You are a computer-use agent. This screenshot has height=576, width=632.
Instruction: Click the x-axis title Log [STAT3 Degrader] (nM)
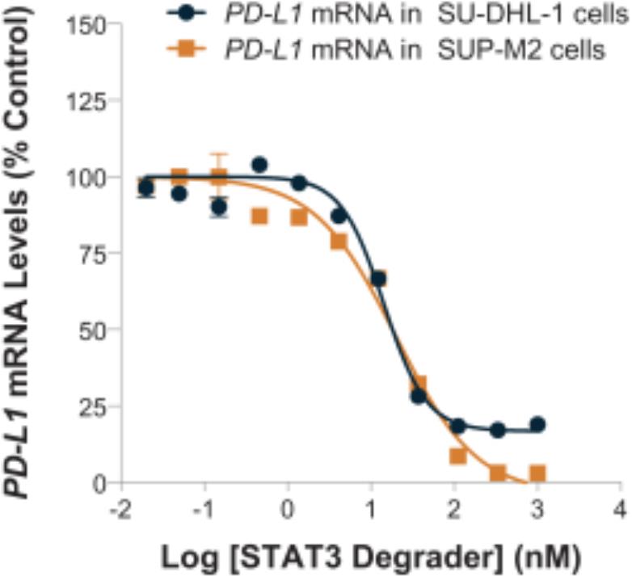370,557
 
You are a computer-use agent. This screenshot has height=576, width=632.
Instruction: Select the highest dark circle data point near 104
259,165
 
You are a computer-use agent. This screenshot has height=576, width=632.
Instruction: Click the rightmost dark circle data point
537,425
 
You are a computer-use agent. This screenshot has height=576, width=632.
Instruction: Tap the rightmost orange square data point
537,473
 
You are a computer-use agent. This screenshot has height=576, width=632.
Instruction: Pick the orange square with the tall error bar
219,177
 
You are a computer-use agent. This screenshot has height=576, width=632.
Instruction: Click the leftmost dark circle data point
145,188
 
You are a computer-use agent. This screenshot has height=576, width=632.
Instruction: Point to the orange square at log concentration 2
458,456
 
